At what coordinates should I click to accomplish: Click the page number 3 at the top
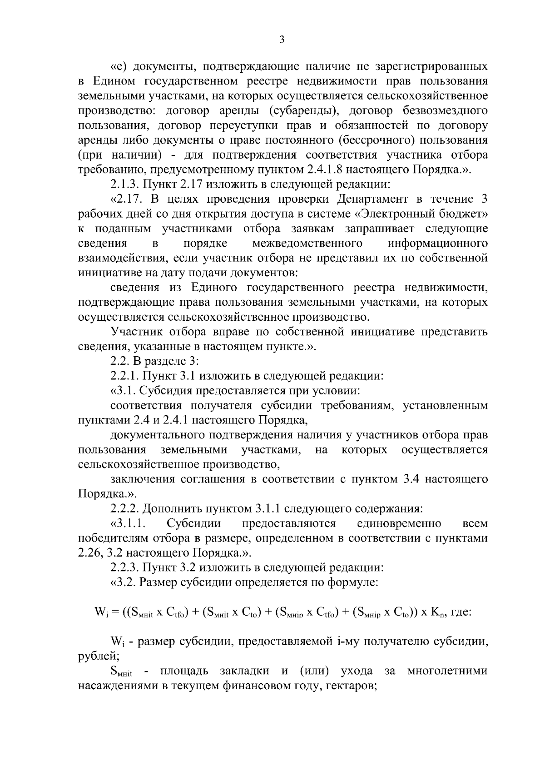282,40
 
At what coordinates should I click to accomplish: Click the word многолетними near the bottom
447,671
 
